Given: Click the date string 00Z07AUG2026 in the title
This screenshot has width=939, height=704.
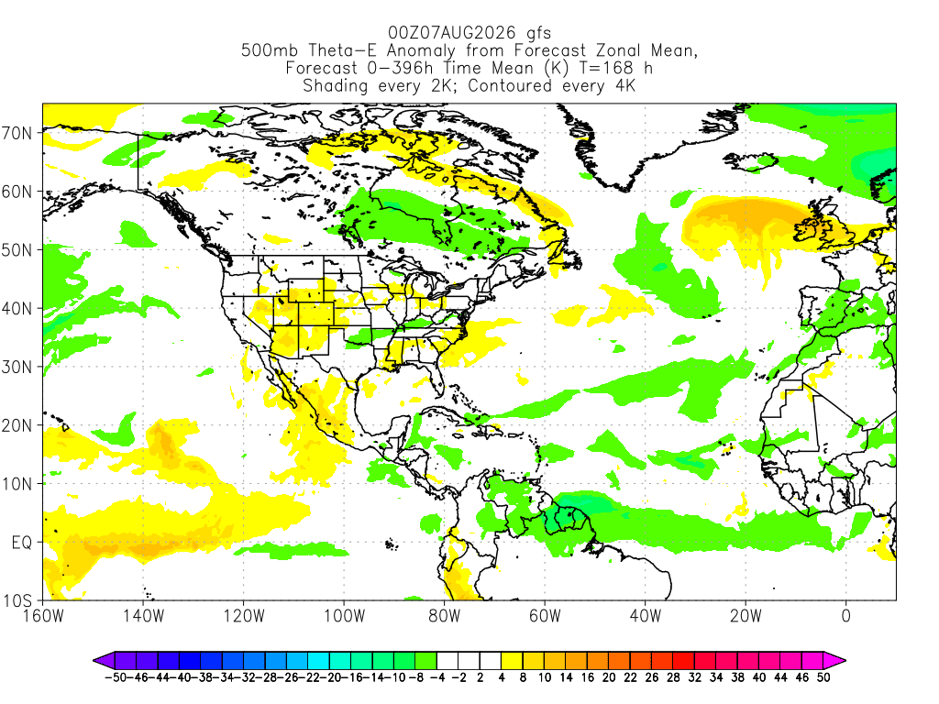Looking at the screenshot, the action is [451, 32].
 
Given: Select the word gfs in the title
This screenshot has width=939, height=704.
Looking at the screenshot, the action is [539, 33].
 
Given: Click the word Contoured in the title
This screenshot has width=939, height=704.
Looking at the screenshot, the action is [510, 85].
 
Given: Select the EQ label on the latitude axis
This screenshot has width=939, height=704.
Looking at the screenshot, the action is [22, 543].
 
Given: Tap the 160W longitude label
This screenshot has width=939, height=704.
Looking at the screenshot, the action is [43, 615].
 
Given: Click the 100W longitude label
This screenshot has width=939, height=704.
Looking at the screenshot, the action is [344, 615].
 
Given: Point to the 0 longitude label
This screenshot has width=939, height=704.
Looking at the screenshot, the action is [845, 615].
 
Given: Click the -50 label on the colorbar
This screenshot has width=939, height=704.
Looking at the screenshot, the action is [115, 677].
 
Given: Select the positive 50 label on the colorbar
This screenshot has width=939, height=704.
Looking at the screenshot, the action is [823, 677].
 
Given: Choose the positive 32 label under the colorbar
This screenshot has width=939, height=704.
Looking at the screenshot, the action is [695, 677].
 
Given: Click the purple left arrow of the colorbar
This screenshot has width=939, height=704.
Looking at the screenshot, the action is [104, 661].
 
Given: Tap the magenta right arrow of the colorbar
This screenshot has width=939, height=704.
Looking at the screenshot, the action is [834, 661].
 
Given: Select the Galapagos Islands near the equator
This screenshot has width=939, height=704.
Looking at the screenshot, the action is [391, 544].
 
